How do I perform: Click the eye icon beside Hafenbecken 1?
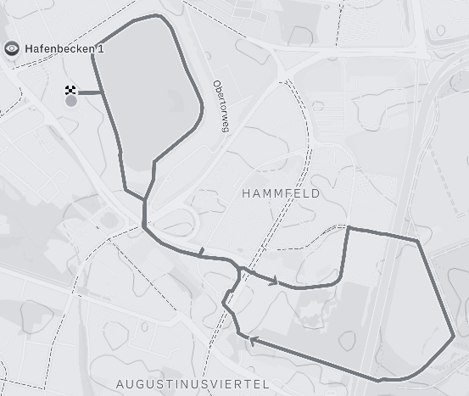coord(12,48)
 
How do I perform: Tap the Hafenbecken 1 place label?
coord(64,48)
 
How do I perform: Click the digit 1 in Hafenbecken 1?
coord(101,48)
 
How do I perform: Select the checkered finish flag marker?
coord(71,90)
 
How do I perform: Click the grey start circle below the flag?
coord(71,101)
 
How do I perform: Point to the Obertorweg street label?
coord(221,106)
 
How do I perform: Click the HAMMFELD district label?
coord(281,193)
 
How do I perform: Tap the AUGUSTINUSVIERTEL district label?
coord(193,384)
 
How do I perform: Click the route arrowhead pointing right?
coord(274,281)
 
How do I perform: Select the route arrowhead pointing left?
coord(252,342)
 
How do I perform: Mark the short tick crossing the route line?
coord(201,252)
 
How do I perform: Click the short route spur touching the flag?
coord(91,92)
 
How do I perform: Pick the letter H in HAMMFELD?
coord(246,193)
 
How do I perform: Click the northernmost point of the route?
coord(158,15)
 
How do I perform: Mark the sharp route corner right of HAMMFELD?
coord(349,227)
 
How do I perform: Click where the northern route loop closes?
coord(145,200)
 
